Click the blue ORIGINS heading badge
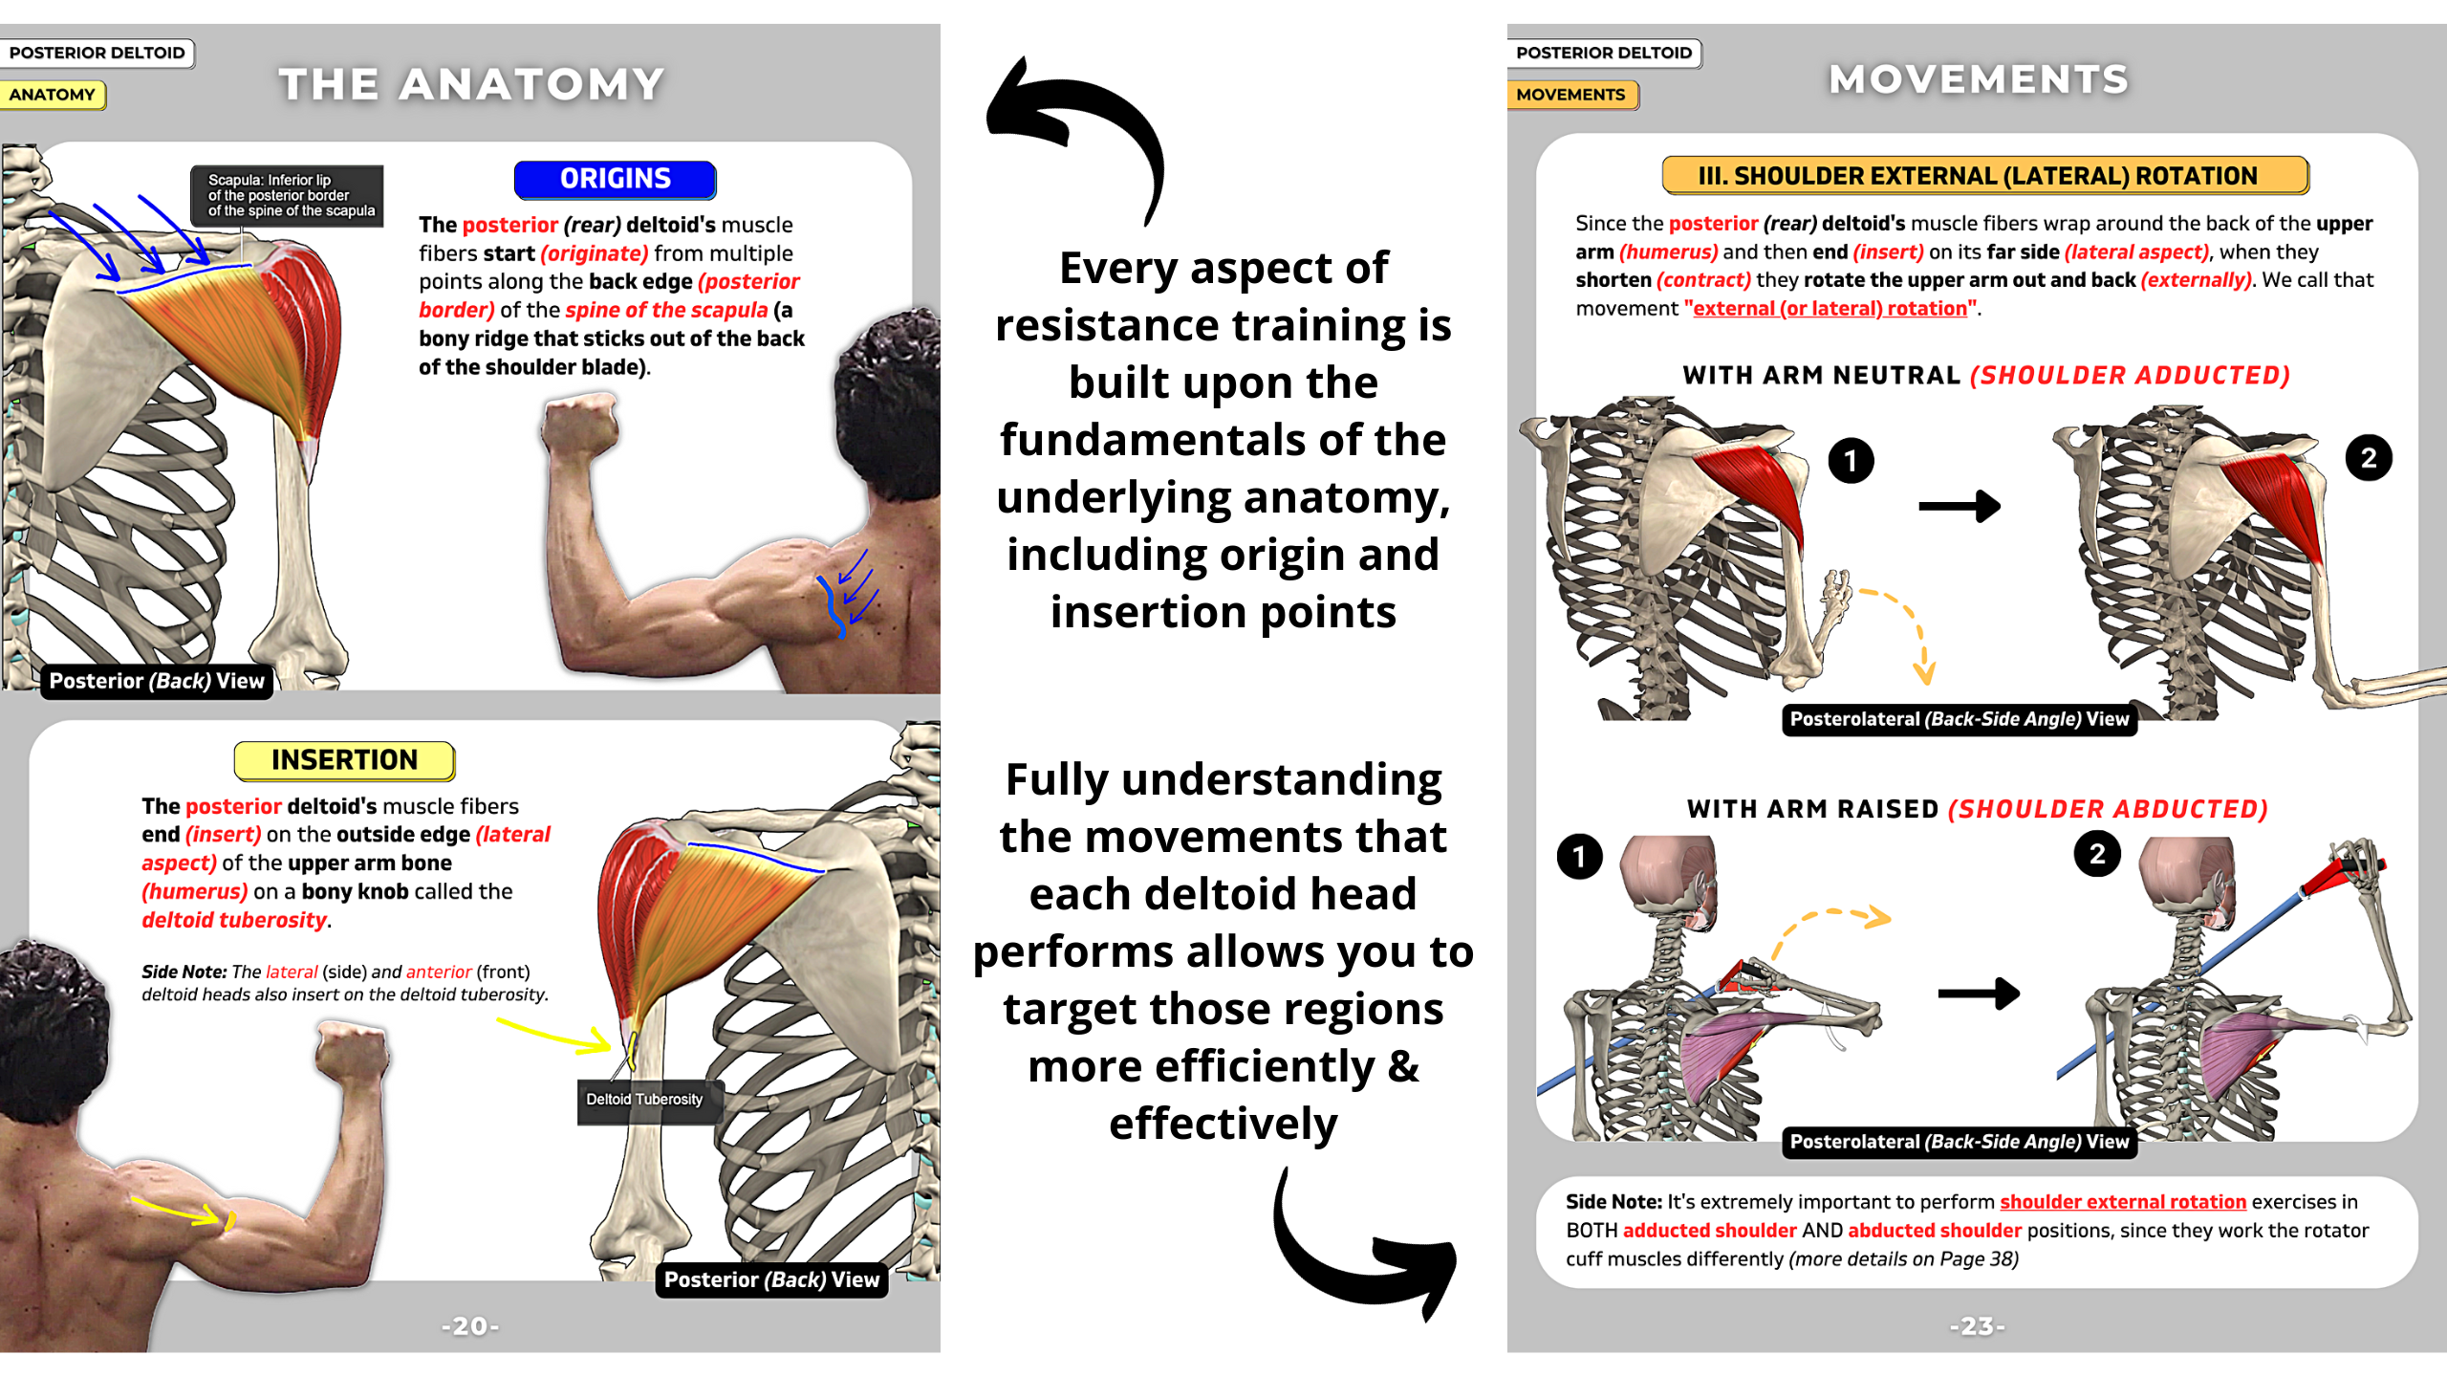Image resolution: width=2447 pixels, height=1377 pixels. (615, 179)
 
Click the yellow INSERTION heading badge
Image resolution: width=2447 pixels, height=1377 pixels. (344, 760)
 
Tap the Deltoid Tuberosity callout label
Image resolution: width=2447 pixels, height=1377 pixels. (644, 1100)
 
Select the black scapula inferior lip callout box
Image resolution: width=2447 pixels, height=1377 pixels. (287, 195)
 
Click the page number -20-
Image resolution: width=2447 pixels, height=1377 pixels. (470, 1326)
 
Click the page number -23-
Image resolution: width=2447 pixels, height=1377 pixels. (1977, 1326)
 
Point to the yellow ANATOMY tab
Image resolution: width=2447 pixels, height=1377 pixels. (53, 95)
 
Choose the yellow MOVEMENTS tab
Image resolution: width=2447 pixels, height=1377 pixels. (1571, 95)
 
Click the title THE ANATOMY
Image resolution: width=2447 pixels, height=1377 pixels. (471, 84)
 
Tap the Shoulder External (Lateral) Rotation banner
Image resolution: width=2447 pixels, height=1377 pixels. (1985, 176)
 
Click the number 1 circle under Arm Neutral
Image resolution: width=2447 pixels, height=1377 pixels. (1851, 461)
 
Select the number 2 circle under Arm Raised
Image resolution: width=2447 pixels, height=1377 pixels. (2097, 854)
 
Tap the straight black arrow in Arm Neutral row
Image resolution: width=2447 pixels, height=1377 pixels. (1960, 506)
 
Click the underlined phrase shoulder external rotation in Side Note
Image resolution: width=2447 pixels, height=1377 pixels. (2122, 1202)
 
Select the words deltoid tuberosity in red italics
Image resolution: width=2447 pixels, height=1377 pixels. (235, 920)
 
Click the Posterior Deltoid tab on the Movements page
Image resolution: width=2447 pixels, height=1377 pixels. (1604, 53)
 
